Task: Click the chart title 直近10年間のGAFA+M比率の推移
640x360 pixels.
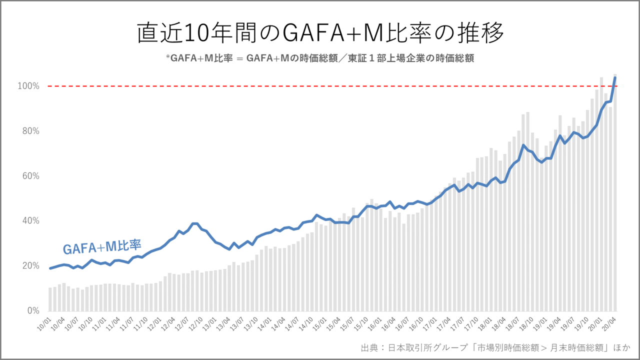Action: tap(320, 33)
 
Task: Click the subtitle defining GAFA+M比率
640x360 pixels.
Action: tap(320, 58)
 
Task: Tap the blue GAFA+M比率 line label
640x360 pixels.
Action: tap(102, 246)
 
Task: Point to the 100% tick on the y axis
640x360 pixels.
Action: tap(29, 86)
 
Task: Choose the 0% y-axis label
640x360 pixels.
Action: tap(32, 310)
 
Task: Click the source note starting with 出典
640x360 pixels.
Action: tap(495, 347)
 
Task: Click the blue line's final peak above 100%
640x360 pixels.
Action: tap(614, 77)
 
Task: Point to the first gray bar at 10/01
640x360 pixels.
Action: tap(50, 299)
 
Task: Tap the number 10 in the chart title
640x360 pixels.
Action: tap(192, 33)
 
